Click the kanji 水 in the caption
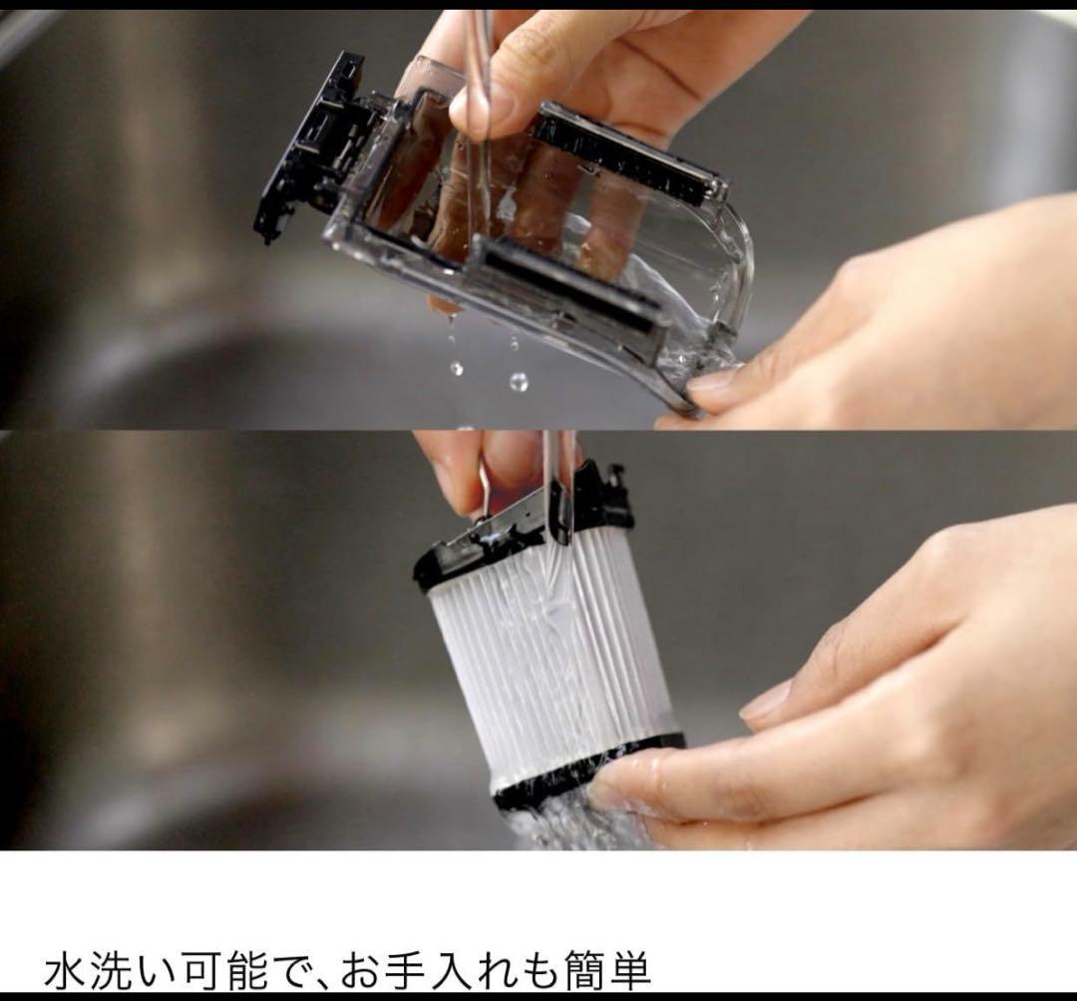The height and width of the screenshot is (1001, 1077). coord(68,969)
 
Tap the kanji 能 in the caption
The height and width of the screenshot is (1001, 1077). coord(248,969)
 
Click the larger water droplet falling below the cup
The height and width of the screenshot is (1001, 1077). coord(519,381)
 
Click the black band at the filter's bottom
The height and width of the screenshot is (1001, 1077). coord(583,773)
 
